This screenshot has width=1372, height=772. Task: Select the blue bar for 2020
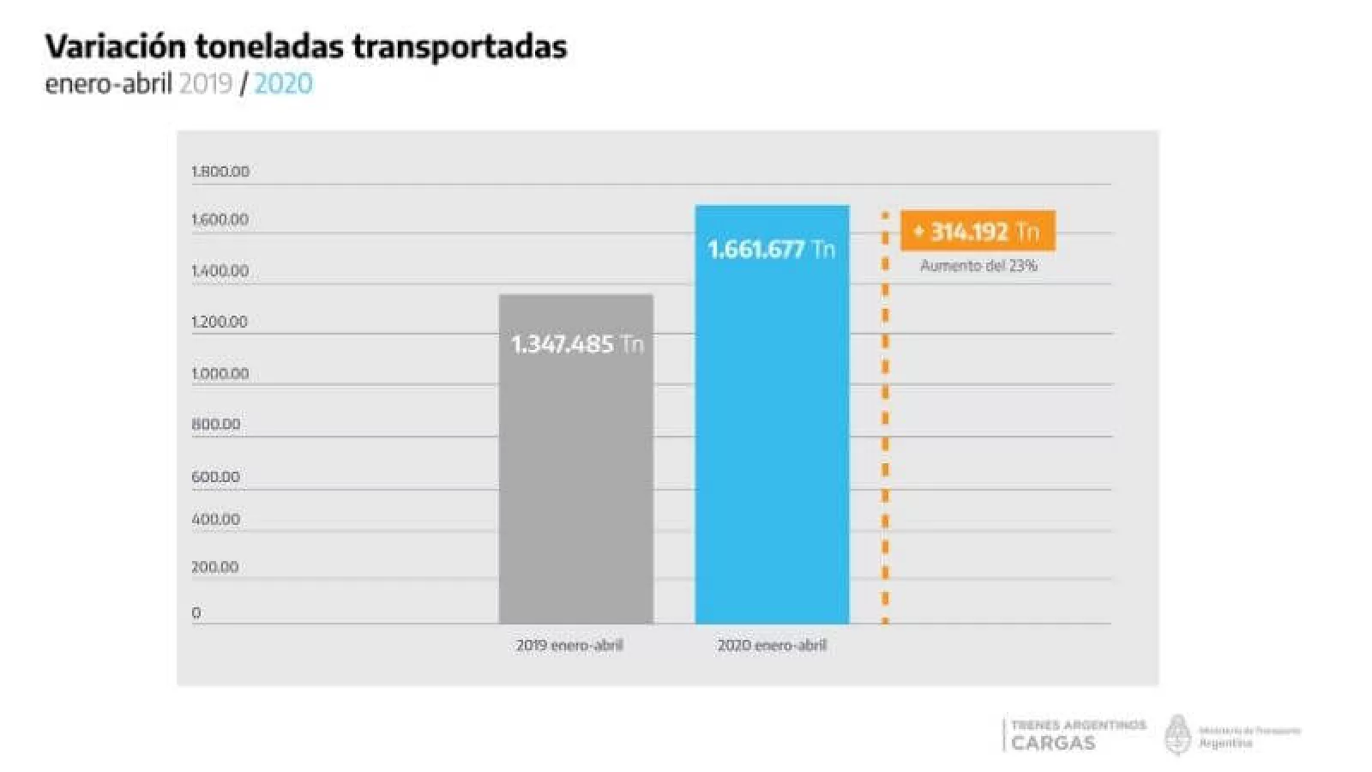click(x=772, y=446)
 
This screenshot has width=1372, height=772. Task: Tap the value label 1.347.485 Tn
click(x=576, y=344)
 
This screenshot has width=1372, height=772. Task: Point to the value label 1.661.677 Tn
click(x=771, y=250)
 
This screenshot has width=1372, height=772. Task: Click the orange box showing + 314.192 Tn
click(x=978, y=232)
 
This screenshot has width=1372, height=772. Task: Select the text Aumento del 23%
click(x=978, y=266)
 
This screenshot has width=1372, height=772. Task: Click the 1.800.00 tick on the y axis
click(x=220, y=172)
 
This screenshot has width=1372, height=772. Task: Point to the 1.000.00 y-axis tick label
click(x=220, y=373)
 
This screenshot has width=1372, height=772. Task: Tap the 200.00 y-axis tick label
click(x=215, y=567)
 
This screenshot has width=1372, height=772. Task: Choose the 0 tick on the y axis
click(x=196, y=612)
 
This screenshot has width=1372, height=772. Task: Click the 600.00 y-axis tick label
click(x=215, y=476)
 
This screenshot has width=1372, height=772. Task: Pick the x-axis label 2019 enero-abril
click(x=569, y=645)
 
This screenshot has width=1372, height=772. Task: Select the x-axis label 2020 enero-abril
click(x=772, y=645)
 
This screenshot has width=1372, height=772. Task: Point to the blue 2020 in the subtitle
click(x=283, y=84)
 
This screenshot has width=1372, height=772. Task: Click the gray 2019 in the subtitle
click(x=206, y=84)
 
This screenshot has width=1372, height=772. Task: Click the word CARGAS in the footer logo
click(x=1053, y=743)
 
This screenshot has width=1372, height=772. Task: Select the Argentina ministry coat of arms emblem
click(x=1178, y=735)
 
